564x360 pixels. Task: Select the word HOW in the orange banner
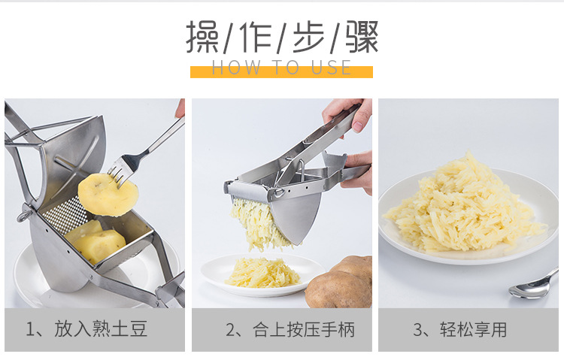[235, 68]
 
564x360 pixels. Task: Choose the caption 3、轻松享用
[459, 329]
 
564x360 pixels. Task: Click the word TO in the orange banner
[284, 68]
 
